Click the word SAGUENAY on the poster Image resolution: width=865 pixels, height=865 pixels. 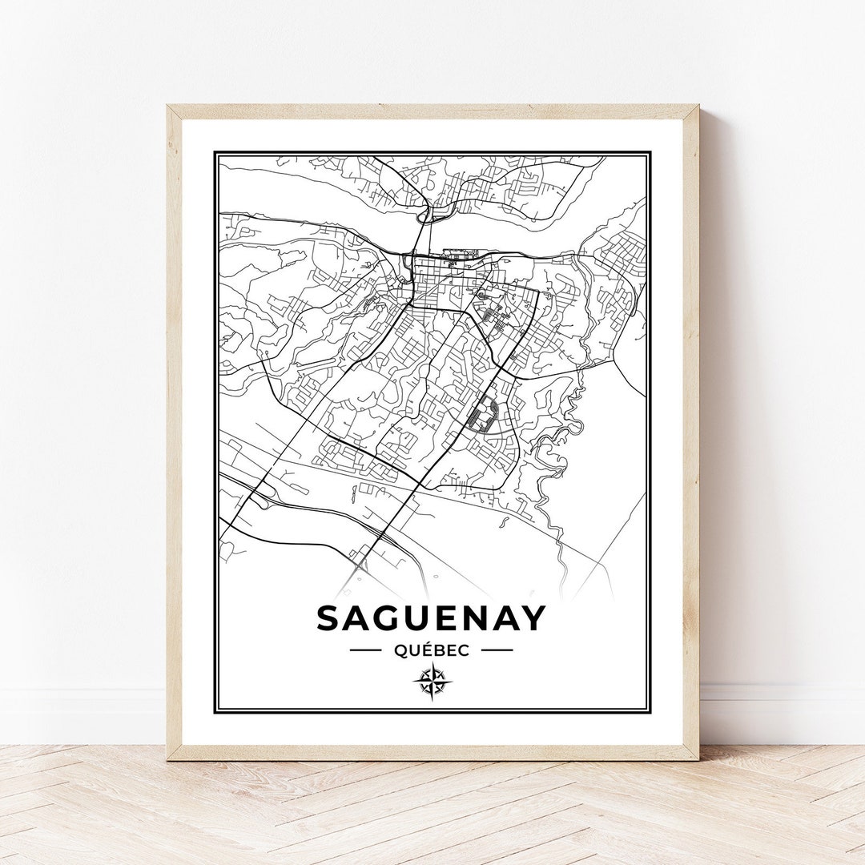[431, 618]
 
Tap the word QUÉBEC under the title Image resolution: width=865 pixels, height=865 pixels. [431, 650]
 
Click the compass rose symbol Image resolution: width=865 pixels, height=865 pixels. [432, 682]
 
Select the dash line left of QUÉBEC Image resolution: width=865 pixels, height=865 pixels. [365, 650]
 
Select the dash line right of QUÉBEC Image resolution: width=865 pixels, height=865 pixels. [497, 650]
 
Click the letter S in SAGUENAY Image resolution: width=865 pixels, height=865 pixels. [331, 618]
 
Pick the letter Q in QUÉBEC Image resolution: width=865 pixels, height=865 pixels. [400, 650]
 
